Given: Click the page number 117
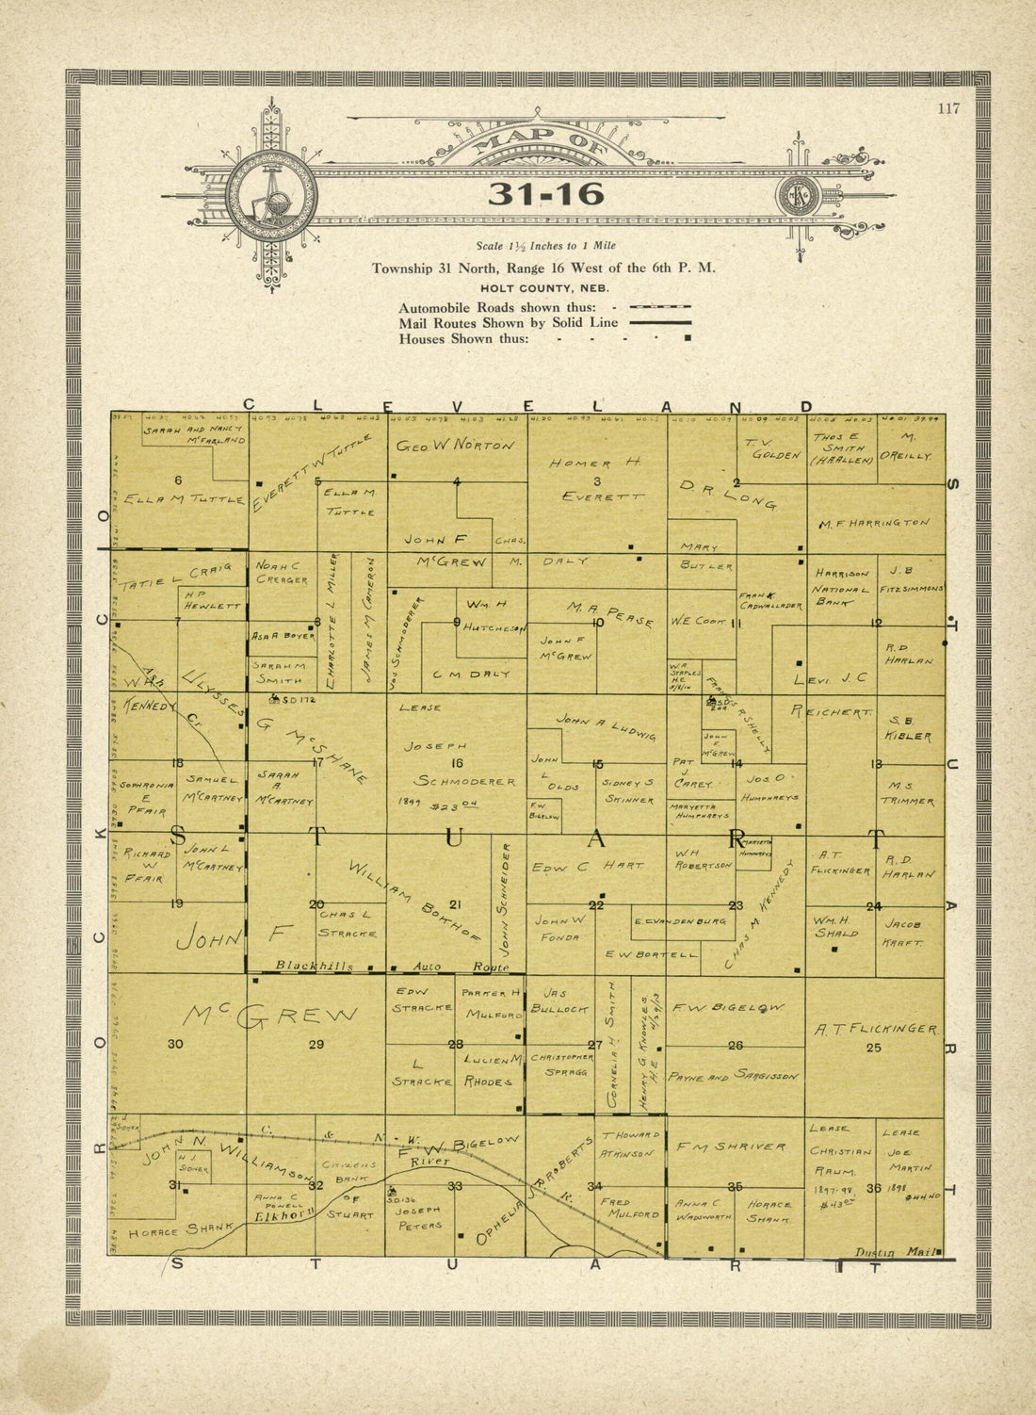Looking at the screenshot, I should (948, 108).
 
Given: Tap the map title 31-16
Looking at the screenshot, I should (545, 194).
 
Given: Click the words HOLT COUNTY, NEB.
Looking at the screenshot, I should (543, 288).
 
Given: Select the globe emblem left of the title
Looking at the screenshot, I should (271, 195).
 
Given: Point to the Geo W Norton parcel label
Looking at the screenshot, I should (456, 446).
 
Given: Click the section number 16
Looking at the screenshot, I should (458, 763).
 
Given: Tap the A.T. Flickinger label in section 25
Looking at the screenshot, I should (875, 1030).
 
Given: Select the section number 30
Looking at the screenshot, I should (175, 1044).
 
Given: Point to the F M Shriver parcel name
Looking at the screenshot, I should (731, 1147).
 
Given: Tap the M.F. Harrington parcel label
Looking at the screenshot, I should (875, 523).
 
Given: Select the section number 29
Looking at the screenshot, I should (316, 1044).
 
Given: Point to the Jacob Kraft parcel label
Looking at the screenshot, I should (902, 933).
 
